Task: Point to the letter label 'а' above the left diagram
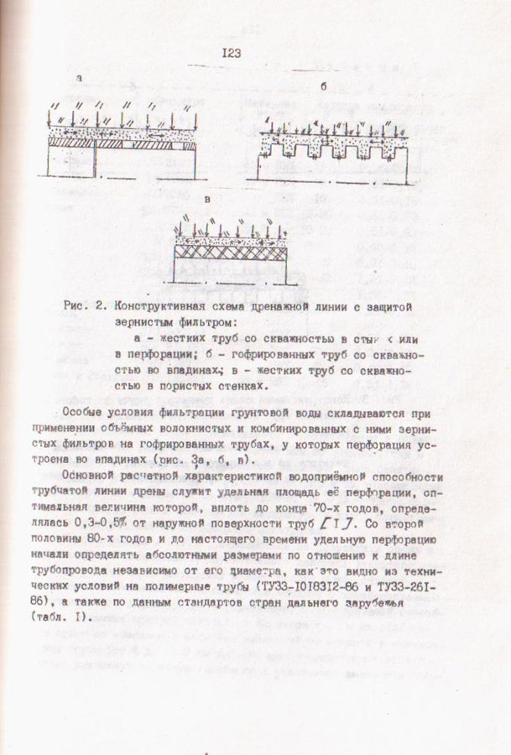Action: pyautogui.click(x=78, y=79)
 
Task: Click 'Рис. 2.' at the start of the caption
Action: pyautogui.click(x=84, y=306)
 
